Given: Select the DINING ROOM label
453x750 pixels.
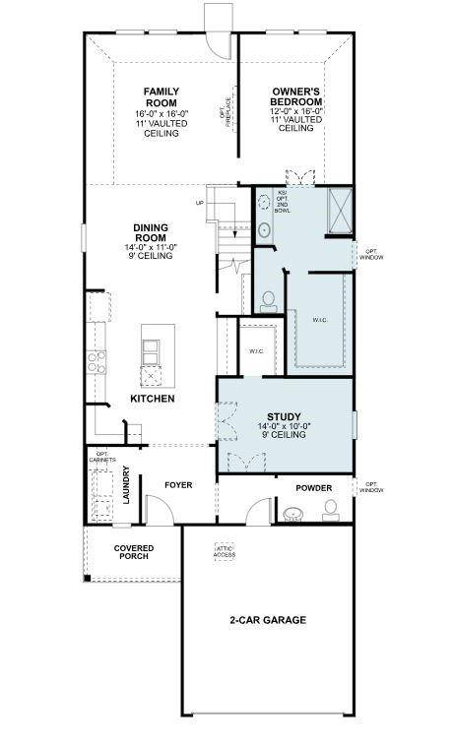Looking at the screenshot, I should [x=150, y=233].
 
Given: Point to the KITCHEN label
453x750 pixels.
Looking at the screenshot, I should [x=153, y=399].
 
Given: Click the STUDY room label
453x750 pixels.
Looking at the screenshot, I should [x=284, y=416].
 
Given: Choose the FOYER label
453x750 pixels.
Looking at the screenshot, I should [x=178, y=485].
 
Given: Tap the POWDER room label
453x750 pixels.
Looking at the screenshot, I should [x=314, y=488].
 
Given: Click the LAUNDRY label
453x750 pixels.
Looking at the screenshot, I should [x=126, y=485].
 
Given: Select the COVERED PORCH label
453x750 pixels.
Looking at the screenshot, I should [x=133, y=552].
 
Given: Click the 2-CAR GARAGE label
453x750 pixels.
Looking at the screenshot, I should [x=268, y=620].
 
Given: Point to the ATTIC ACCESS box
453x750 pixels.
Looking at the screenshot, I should [x=225, y=553].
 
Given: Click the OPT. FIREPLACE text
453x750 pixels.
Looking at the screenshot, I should [x=228, y=110].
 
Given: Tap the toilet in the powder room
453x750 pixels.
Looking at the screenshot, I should [x=331, y=509].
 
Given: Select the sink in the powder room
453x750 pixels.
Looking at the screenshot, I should [x=292, y=513].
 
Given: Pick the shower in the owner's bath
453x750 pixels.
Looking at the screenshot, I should [x=340, y=208].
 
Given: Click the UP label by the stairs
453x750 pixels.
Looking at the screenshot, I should [x=200, y=203].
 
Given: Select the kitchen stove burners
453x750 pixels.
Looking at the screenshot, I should [x=97, y=362].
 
